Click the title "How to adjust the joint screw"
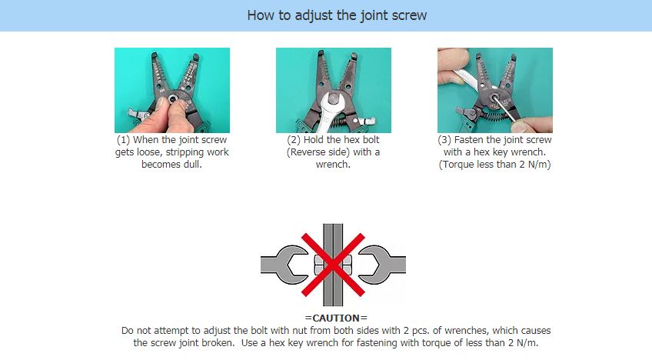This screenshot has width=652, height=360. pos(326,15)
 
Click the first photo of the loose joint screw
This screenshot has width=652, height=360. pos(171,90)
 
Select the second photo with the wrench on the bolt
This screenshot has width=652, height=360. pos(333,90)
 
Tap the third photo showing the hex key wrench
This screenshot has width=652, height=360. pos(494,90)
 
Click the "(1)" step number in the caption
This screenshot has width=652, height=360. pos(123,140)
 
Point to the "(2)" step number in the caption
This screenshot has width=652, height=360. pos(294,140)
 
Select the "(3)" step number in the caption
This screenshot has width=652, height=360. pos(446,140)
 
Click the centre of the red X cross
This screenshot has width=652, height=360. pos(333,265)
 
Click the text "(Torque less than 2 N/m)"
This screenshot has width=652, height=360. pos(494,165)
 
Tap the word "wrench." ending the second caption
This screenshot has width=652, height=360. pos(333,165)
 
